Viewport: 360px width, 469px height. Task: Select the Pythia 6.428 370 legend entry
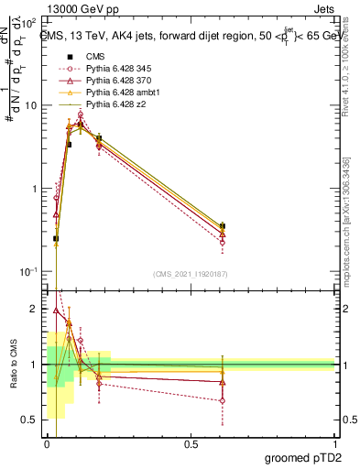click(x=116, y=81)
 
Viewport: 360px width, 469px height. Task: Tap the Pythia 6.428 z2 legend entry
click(x=113, y=104)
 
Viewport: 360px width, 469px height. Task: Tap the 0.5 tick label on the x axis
click(x=191, y=444)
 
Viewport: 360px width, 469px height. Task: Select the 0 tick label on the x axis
click(x=47, y=444)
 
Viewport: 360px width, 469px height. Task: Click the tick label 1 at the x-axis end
click(x=334, y=444)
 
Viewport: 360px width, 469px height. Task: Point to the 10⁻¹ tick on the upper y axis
click(x=30, y=272)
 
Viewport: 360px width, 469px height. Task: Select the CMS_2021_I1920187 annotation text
click(x=190, y=273)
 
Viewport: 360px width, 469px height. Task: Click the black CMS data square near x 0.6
click(x=223, y=225)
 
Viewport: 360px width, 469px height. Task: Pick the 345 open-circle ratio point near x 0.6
click(x=223, y=400)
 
